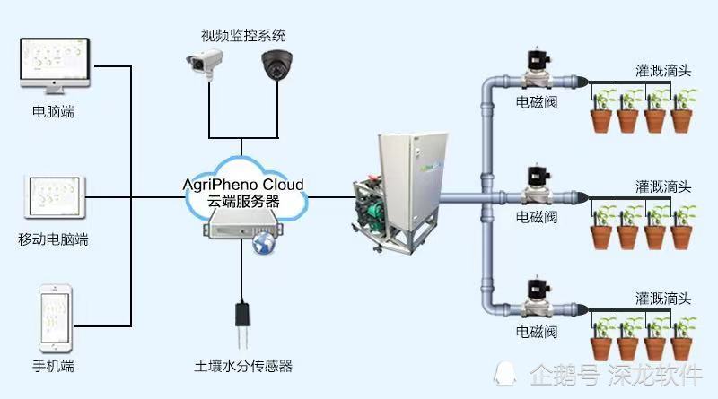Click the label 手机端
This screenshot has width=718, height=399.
point(53,367)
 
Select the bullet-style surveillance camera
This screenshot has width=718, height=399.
point(204,62)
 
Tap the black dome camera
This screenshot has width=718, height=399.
point(276,65)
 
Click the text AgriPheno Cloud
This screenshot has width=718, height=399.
point(243,185)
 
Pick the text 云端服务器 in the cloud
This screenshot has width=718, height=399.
point(243,203)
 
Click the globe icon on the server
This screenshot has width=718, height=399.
point(263,243)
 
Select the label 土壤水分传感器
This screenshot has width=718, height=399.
point(243,367)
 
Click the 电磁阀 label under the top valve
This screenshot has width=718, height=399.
point(537,103)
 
